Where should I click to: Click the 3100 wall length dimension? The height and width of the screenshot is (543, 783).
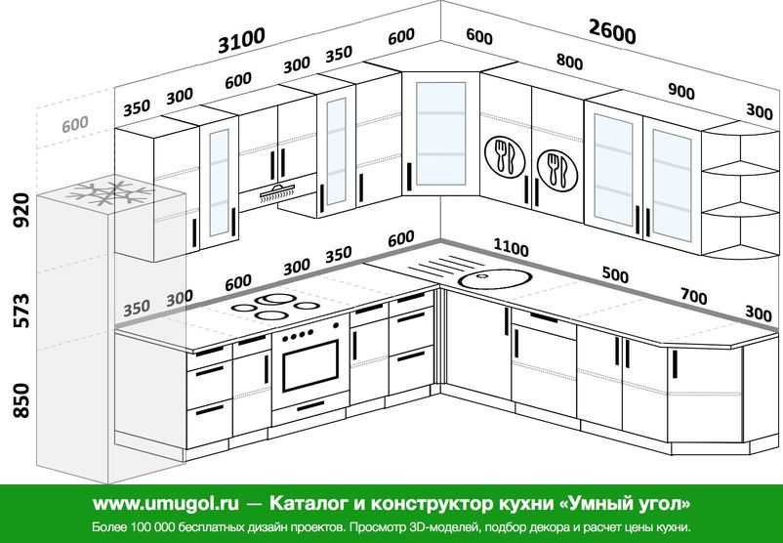(x=242, y=40)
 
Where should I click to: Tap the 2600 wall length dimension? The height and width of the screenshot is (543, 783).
(x=612, y=31)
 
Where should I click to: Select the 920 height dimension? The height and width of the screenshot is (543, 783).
(x=21, y=210)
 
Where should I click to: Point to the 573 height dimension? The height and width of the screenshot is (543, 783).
(x=21, y=311)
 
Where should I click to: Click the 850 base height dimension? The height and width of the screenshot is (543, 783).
(x=21, y=400)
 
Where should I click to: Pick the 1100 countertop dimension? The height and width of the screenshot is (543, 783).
(x=511, y=247)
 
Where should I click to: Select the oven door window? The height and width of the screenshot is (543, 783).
(x=310, y=365)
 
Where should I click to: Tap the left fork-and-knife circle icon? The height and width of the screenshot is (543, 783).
(x=505, y=156)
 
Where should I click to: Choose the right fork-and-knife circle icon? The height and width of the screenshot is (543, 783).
(x=556, y=170)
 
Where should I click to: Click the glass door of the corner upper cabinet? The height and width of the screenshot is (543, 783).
(x=441, y=134)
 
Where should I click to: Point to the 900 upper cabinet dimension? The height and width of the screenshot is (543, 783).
(x=681, y=92)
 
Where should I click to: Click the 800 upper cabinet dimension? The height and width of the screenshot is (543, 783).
(x=569, y=62)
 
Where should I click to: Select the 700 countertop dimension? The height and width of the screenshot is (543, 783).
(x=694, y=297)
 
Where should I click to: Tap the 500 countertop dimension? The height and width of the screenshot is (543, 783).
(x=615, y=274)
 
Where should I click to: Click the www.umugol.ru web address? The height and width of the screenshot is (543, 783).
(x=165, y=504)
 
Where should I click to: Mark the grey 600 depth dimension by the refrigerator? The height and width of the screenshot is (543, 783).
(x=75, y=124)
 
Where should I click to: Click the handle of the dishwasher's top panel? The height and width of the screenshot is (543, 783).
(x=544, y=317)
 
